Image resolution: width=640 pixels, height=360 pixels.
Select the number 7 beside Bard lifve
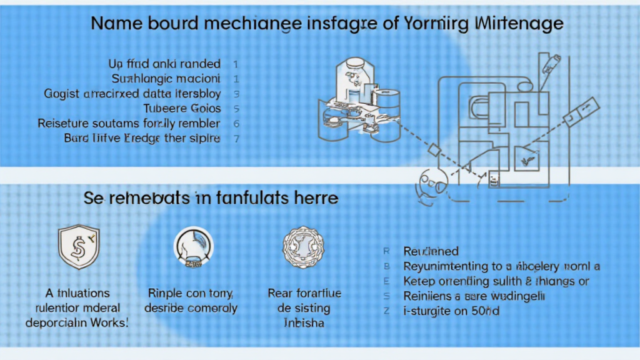coord(236,138)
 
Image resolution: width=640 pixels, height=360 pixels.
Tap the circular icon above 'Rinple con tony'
coord(192,245)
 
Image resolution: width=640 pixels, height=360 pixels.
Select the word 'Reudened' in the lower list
coord(431,252)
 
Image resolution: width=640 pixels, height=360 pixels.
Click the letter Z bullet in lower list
coord(386,311)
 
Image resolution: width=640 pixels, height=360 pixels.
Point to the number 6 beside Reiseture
coord(236,123)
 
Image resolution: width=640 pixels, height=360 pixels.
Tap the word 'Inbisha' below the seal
coord(299,322)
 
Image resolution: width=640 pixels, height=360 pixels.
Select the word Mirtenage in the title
coord(519,24)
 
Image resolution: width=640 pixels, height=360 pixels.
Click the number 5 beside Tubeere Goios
coord(236,108)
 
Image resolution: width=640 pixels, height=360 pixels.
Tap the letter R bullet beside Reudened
coord(386,252)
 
